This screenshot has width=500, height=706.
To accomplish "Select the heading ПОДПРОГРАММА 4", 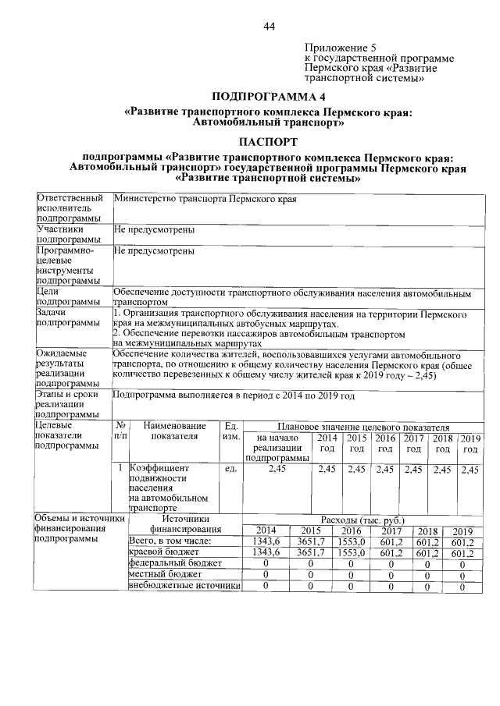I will (268, 97).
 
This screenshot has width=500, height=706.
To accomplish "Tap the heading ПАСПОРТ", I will (268, 141).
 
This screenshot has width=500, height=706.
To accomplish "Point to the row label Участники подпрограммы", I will (69, 236).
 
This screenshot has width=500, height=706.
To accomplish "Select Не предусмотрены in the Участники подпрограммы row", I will (154, 230).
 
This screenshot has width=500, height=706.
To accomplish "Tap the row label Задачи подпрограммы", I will (69, 318).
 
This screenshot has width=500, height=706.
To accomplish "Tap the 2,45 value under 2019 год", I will (470, 470).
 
